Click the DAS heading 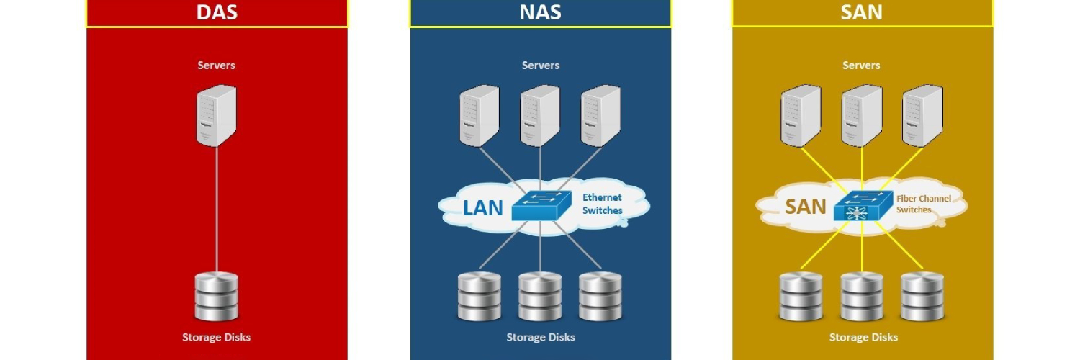click(x=217, y=13)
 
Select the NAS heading click(x=541, y=13)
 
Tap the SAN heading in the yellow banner click(x=862, y=13)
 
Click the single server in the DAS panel click(x=217, y=115)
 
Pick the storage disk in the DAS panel click(x=216, y=296)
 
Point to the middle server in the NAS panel click(x=541, y=115)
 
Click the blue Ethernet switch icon click(x=541, y=206)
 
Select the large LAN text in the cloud click(x=482, y=207)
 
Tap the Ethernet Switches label click(x=602, y=203)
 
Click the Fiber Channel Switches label click(x=924, y=204)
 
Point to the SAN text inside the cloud click(x=806, y=207)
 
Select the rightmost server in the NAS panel click(x=601, y=115)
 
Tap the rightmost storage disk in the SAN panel click(x=922, y=296)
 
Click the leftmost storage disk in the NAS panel click(x=480, y=296)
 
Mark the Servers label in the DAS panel click(x=217, y=66)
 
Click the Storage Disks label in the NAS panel click(x=541, y=337)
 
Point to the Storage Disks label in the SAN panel click(x=863, y=337)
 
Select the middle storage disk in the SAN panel click(x=862, y=296)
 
